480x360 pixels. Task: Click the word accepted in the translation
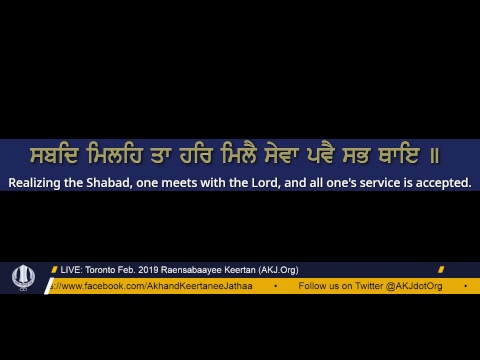pos(440,183)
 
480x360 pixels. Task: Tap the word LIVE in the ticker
pos(71,270)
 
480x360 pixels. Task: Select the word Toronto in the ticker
pos(104,270)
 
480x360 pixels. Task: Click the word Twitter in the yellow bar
pos(367,286)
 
